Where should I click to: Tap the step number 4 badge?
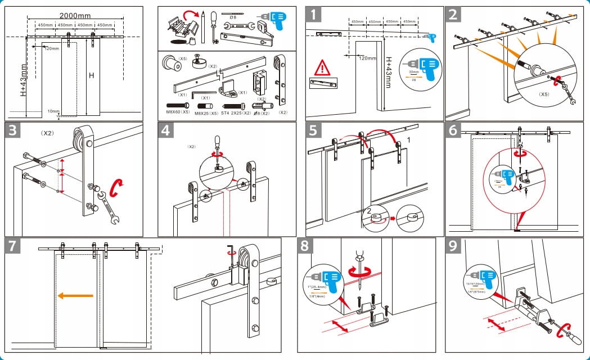point(165,130)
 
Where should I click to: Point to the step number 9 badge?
point(453,246)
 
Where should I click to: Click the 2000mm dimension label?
point(75,15)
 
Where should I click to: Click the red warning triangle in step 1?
point(322,68)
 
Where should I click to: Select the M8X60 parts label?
point(178,112)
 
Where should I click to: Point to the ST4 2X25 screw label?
point(236,112)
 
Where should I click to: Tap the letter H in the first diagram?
point(91,74)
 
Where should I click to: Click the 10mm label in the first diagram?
point(53,111)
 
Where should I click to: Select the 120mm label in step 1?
point(367,58)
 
